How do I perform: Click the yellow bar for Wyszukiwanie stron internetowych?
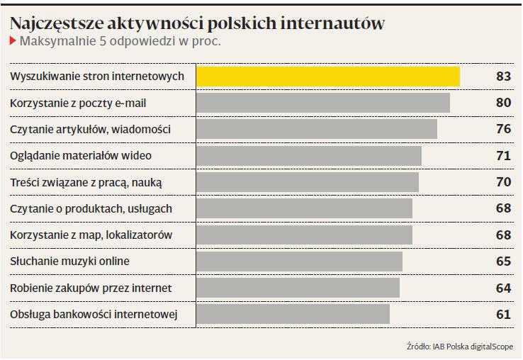327,77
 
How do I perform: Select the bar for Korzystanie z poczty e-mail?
322,103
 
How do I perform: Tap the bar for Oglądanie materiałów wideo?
308,156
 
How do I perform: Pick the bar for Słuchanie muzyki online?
299,261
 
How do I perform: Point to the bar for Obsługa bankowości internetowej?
293,314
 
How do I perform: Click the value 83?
504,77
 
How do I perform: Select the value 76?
504,130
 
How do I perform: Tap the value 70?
504,182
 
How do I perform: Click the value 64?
504,288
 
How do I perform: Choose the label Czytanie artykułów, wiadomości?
91,130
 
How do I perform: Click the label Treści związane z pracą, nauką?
86,182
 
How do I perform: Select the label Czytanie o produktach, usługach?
91,209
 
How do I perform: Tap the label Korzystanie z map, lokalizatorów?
91,235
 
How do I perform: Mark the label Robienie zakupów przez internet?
91,288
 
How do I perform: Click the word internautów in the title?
332,23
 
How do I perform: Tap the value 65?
504,261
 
